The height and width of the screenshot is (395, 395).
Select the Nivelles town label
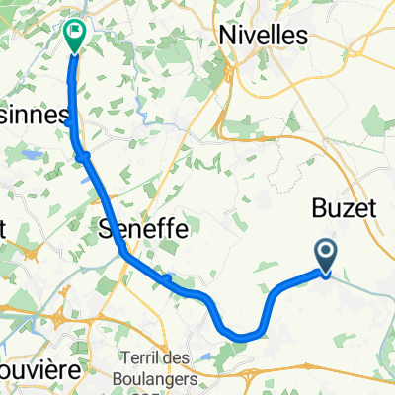(262, 34)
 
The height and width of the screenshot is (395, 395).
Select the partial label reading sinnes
(34, 115)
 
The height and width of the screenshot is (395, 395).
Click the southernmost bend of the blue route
(242, 338)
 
